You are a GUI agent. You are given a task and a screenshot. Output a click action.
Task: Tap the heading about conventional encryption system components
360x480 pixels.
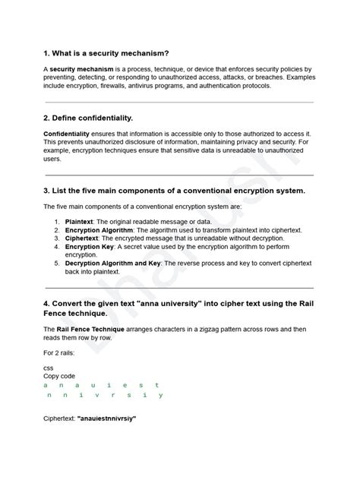[174, 190]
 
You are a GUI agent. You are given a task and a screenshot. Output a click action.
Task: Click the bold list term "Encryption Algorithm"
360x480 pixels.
[99, 229]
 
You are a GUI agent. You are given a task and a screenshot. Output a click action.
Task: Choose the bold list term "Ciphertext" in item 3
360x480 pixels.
[85, 238]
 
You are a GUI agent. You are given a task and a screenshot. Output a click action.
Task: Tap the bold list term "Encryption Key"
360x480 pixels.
[89, 247]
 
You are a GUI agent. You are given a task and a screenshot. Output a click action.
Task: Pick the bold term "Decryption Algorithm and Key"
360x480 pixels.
[114, 264]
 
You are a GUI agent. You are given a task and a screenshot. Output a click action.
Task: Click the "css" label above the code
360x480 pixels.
[49, 368]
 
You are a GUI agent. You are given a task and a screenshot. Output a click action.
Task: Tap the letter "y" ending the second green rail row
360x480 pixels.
[161, 395]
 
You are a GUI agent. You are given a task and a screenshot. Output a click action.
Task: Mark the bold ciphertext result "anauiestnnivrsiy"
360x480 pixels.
[107, 418]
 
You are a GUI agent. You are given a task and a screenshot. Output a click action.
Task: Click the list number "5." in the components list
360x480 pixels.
[57, 264]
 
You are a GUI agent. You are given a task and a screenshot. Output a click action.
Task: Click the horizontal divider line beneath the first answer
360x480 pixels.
[179, 102]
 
